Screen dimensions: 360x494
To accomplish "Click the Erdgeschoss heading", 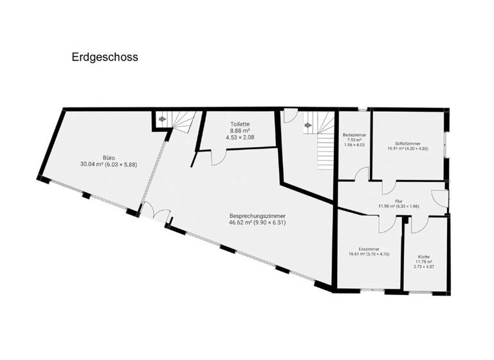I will point(105,57).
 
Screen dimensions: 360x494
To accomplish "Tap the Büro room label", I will point(109,156).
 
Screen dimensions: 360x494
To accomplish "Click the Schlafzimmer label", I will point(408,143).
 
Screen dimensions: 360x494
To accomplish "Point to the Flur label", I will point(398,201).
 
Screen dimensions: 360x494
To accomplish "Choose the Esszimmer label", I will point(369,249).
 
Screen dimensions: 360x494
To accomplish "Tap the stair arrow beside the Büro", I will point(162,119).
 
